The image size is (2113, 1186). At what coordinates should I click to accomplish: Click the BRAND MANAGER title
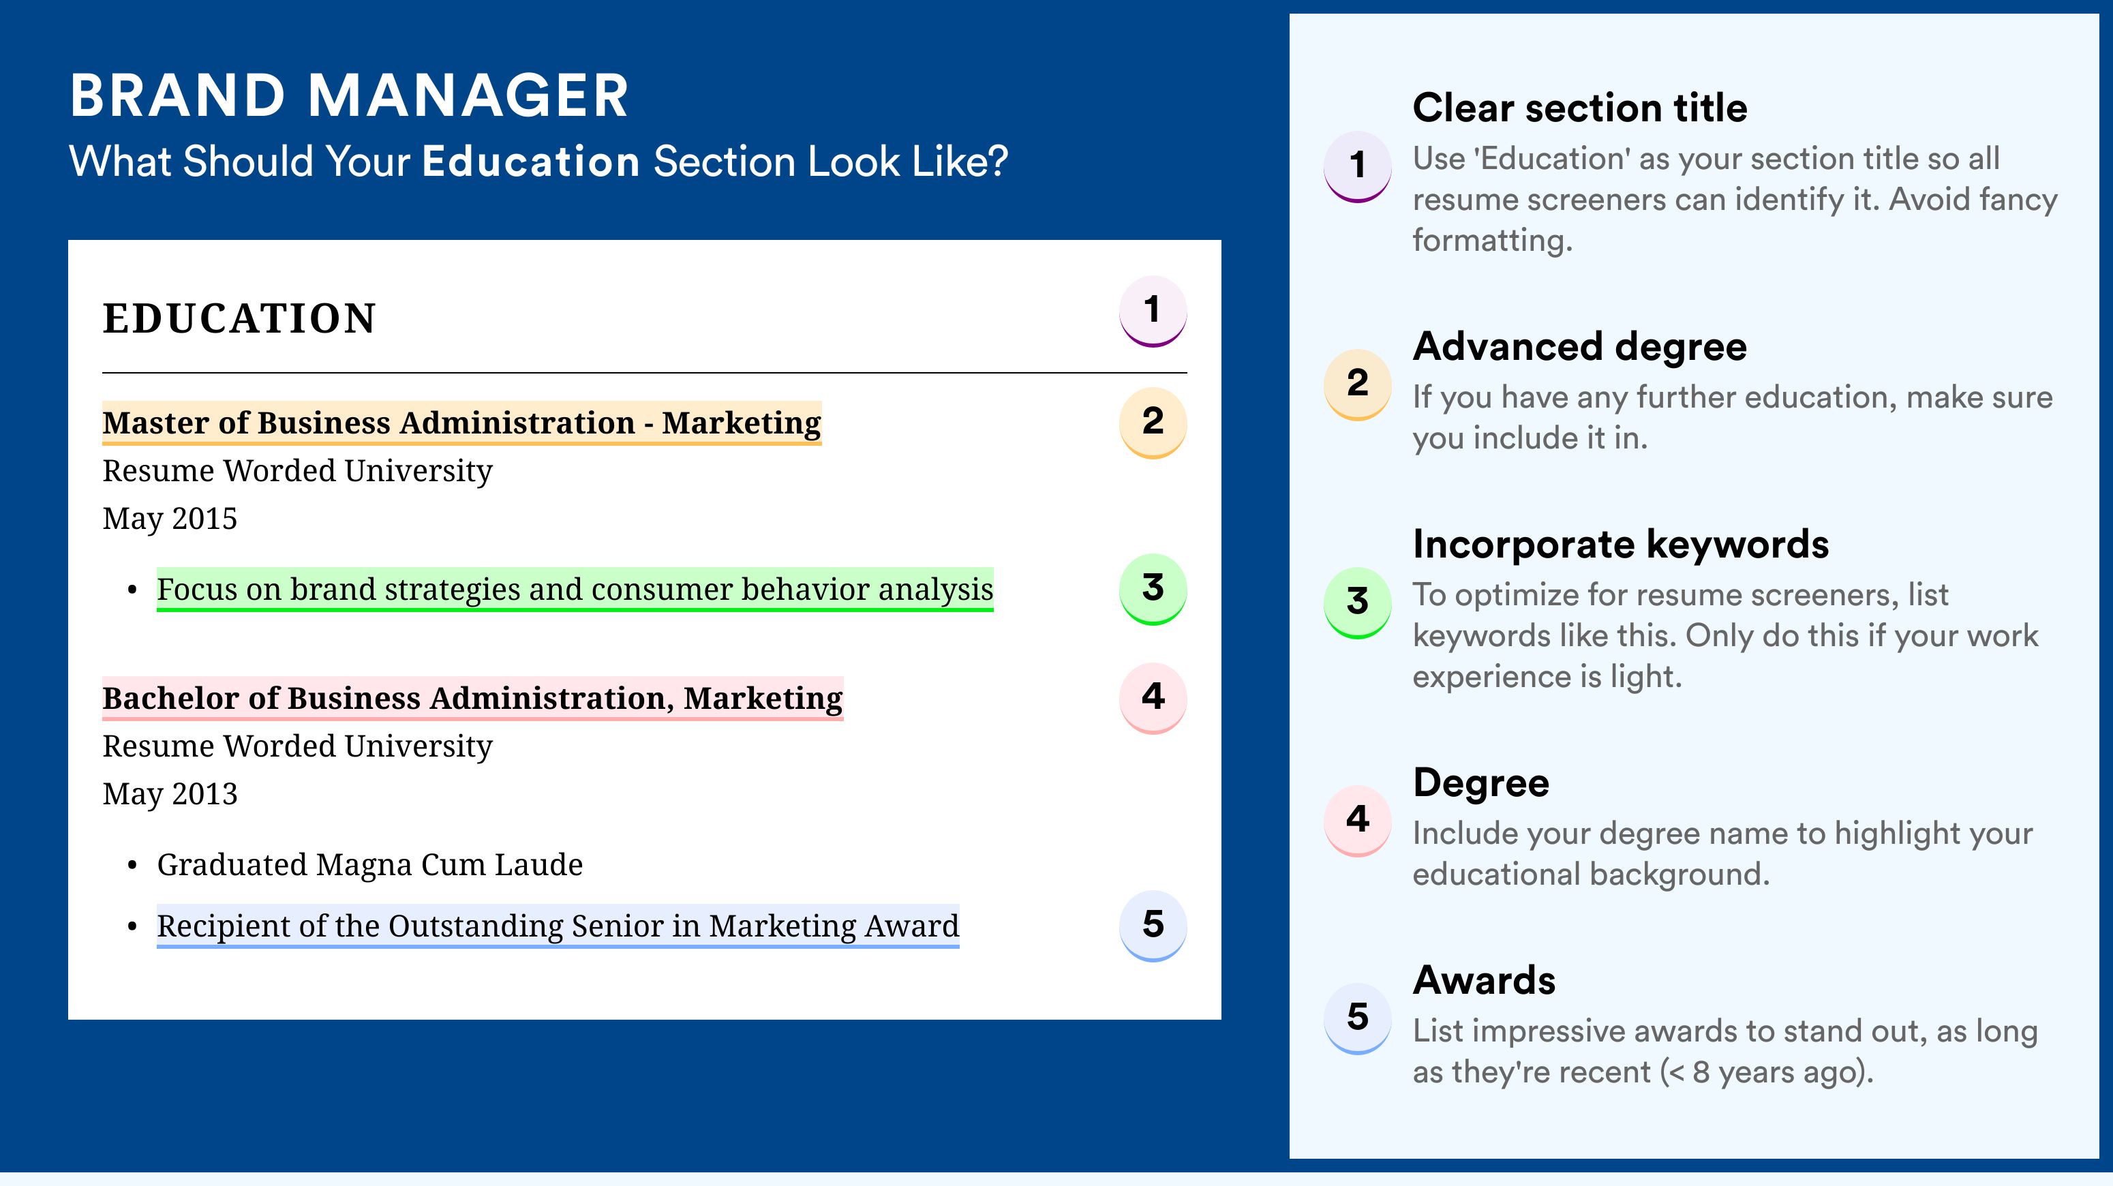click(350, 95)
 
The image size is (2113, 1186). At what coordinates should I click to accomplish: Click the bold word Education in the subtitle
click(531, 162)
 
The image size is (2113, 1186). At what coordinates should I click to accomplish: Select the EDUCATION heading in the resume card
click(239, 318)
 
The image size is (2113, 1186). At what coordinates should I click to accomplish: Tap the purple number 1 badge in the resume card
click(1153, 311)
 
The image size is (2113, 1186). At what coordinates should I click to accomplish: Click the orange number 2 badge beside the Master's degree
click(1153, 423)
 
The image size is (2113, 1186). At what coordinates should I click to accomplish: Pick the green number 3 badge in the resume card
click(1153, 589)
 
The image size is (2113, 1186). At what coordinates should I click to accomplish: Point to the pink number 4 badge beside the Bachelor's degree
click(1153, 698)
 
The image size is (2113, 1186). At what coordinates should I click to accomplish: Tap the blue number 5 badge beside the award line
click(1153, 926)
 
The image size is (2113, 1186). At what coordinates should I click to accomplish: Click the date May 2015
click(170, 519)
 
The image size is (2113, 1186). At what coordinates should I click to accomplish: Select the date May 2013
click(170, 794)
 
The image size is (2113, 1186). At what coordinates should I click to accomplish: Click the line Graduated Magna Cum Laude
click(370, 866)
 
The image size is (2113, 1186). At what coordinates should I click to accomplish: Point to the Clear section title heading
click(1580, 108)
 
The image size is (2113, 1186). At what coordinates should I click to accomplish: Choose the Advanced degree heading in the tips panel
click(1580, 347)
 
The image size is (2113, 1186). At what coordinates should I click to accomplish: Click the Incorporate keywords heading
click(1621, 544)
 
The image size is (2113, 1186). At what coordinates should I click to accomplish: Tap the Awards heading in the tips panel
click(1484, 980)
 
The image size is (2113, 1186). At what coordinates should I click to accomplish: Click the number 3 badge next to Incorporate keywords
click(1358, 603)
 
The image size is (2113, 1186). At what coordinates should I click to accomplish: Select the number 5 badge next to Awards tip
click(1358, 1018)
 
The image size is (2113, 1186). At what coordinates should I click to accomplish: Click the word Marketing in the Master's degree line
click(742, 423)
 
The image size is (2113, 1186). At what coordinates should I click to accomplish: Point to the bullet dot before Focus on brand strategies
click(132, 590)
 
